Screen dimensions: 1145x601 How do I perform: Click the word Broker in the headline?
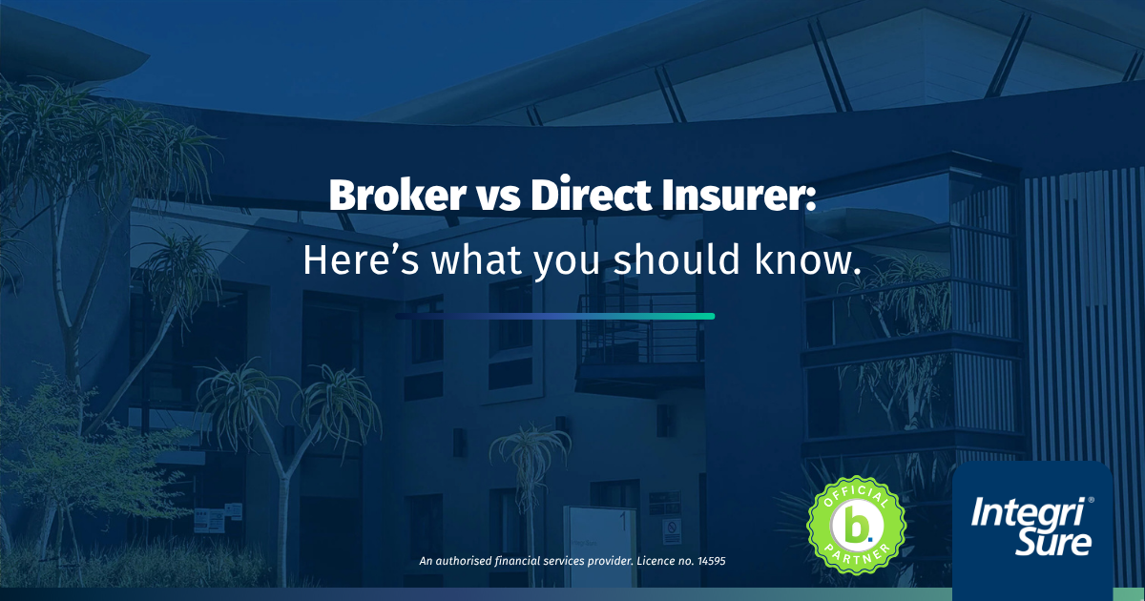tap(397, 195)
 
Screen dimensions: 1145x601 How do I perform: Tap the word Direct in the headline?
tap(591, 195)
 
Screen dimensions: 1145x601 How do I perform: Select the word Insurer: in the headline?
tap(739, 195)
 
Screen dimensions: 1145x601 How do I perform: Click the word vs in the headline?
tap(498, 198)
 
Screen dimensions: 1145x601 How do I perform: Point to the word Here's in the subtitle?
tap(361, 259)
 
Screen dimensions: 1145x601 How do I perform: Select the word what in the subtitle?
tap(476, 259)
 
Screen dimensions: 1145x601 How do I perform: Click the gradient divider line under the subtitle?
tap(554, 317)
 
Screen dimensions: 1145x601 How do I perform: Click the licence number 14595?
tap(711, 561)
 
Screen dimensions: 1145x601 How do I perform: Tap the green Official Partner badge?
tap(856, 526)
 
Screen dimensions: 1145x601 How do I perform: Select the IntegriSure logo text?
tap(1031, 526)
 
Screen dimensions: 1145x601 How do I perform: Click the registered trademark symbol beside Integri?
tap(1092, 500)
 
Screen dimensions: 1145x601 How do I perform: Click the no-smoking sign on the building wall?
tap(672, 531)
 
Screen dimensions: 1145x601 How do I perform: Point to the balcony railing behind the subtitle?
tap(640, 328)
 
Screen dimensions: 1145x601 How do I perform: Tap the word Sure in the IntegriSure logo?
tap(1053, 542)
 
